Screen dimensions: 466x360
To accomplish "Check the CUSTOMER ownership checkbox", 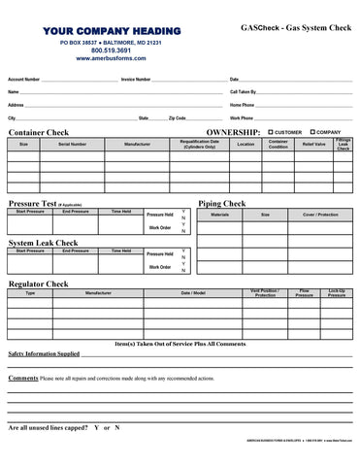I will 271,132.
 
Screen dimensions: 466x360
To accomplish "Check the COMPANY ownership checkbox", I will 312,132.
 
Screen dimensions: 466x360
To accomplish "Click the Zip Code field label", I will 177,117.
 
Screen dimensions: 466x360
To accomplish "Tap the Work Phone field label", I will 242,117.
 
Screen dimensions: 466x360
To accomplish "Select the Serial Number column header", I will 72,144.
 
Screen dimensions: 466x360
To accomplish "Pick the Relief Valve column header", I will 313,144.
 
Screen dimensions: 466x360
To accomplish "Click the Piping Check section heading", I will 221,204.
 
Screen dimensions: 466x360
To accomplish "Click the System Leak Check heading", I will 43,243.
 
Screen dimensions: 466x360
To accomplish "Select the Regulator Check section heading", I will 38,283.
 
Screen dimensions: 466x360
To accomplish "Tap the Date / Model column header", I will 193,292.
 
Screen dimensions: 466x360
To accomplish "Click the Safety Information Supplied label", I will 44,354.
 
